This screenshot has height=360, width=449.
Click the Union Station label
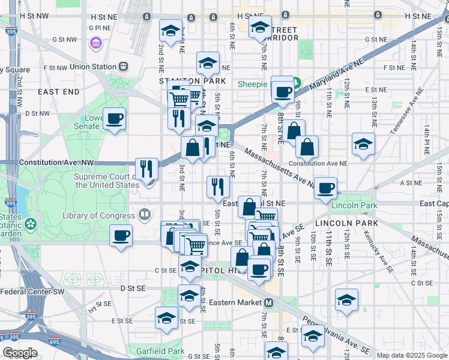(94, 67)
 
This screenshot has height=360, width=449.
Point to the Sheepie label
(252, 85)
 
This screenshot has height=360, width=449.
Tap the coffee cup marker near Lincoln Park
(325, 188)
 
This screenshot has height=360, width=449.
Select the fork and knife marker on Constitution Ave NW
(146, 169)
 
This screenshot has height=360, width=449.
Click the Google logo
(20, 353)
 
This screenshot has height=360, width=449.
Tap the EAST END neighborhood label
(58, 92)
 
